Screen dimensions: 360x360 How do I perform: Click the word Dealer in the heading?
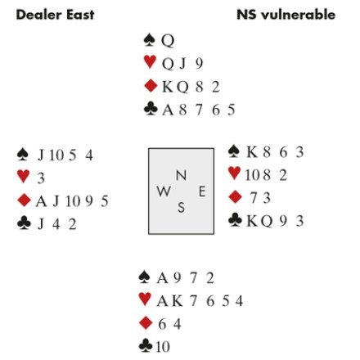(39, 15)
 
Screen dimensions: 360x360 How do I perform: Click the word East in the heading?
(80, 15)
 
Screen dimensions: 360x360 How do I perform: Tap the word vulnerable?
(298, 15)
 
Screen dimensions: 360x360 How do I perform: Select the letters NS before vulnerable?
(247, 15)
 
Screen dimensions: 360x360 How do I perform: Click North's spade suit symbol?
(150, 40)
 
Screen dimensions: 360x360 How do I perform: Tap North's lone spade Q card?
(168, 41)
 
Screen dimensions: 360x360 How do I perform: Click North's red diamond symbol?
(151, 86)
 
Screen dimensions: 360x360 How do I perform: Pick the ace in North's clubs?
(168, 110)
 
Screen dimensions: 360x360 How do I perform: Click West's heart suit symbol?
(23, 176)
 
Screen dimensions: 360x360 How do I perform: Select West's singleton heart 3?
(41, 178)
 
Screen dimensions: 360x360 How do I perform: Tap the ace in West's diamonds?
(42, 201)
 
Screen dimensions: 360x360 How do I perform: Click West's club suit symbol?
(24, 223)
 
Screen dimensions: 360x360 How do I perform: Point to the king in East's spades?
(252, 152)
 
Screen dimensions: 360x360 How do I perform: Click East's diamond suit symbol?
(235, 197)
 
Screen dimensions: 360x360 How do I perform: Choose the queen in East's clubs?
(266, 221)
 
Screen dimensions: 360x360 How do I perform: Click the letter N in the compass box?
(181, 175)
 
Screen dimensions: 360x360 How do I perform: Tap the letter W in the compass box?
(164, 191)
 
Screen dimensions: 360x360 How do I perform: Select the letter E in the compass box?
(202, 191)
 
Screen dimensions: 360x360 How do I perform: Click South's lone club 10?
(163, 347)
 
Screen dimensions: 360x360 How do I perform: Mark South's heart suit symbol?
(145, 299)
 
